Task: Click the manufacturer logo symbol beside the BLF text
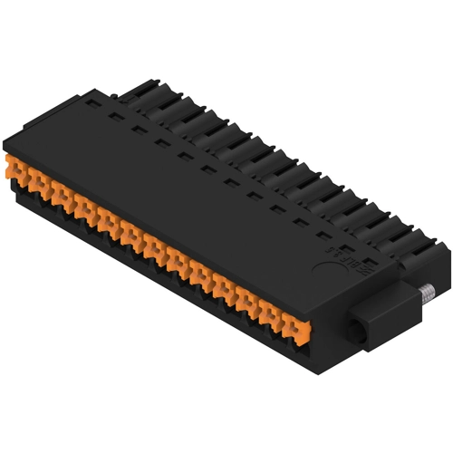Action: (331, 243)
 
